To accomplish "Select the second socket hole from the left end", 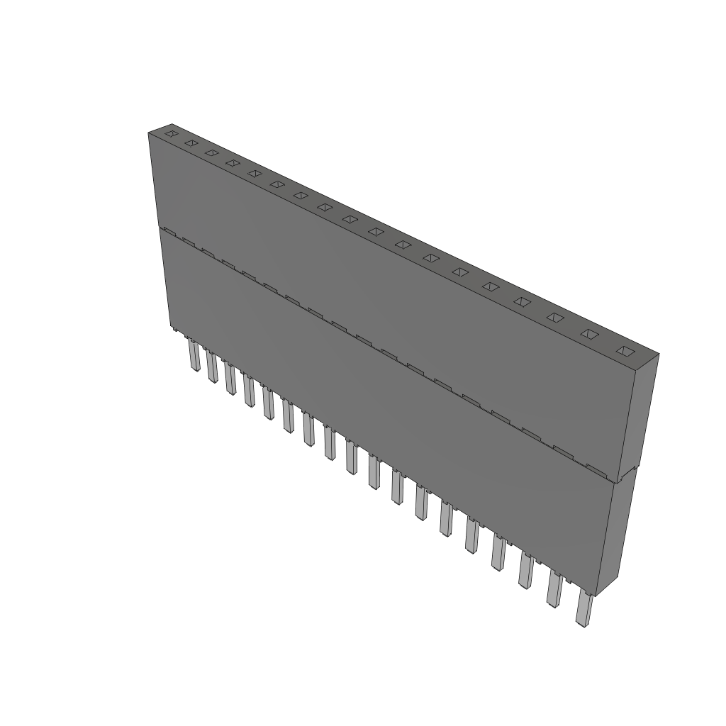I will pos(190,143).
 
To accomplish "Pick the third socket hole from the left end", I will pos(211,152).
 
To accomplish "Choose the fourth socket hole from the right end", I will pos(522,301).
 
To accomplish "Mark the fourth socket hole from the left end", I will pos(232,163).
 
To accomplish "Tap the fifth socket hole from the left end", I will pos(254,173).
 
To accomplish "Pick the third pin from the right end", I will pos(525,570).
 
